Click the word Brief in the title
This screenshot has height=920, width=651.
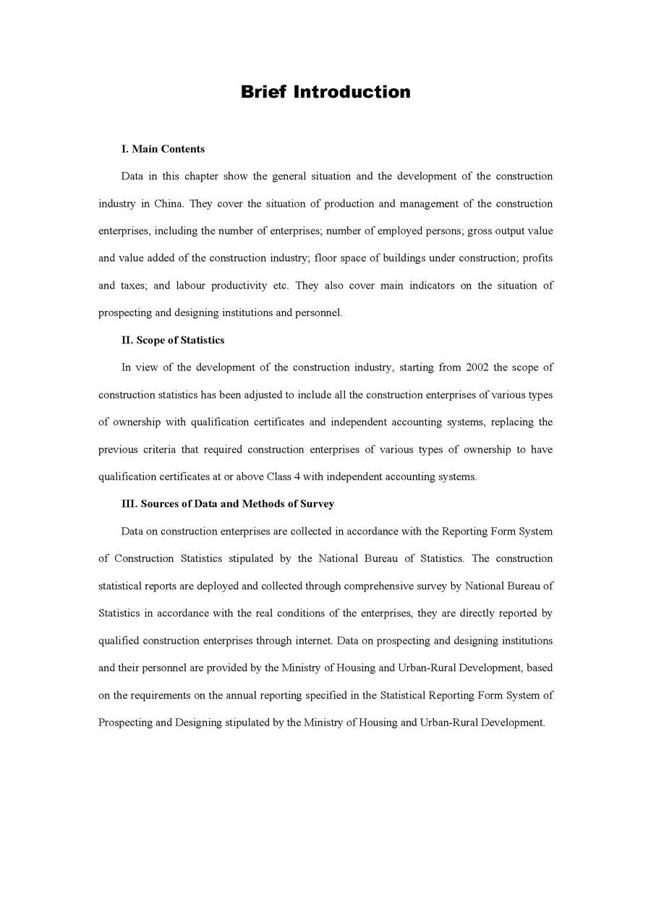click(264, 92)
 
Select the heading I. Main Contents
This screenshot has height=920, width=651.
click(163, 149)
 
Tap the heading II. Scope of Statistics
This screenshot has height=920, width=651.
click(173, 340)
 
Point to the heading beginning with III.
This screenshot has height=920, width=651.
click(228, 503)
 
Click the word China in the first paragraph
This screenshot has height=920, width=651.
click(169, 203)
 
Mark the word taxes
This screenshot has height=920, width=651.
click(133, 285)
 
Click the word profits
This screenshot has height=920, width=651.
click(537, 257)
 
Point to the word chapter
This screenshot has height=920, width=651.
click(201, 176)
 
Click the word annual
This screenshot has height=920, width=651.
click(245, 695)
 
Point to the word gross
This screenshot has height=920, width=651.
click(480, 231)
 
